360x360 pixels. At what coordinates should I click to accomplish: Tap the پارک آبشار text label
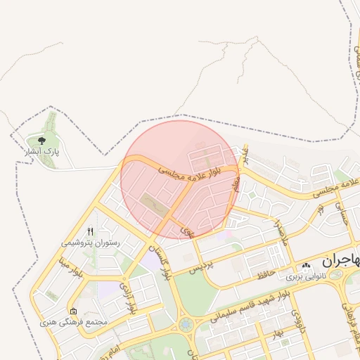(x=43, y=151)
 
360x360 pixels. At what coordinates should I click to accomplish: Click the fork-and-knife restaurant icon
(x=90, y=232)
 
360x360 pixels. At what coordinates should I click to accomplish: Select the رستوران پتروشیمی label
(x=90, y=243)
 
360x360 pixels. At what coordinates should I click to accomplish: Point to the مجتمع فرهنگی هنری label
(x=74, y=322)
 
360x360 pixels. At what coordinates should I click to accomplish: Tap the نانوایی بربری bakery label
(x=306, y=276)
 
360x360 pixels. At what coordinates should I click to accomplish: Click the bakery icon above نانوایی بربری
(x=306, y=266)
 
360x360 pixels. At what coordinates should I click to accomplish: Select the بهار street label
(x=279, y=331)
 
